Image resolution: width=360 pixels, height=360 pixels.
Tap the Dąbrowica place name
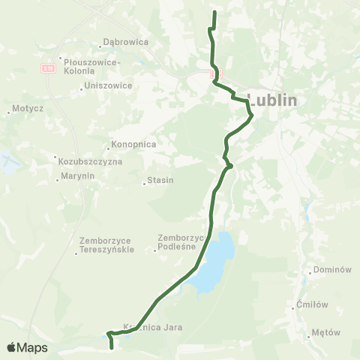(128, 43)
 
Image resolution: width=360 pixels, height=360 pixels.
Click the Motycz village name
(28, 109)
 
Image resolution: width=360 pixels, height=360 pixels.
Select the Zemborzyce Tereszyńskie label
(106, 245)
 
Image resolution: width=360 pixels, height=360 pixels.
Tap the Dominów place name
(333, 269)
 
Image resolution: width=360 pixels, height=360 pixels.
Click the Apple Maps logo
(27, 347)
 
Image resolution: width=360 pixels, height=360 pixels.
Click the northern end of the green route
(214, 13)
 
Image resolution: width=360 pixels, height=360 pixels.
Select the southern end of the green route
(112, 348)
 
